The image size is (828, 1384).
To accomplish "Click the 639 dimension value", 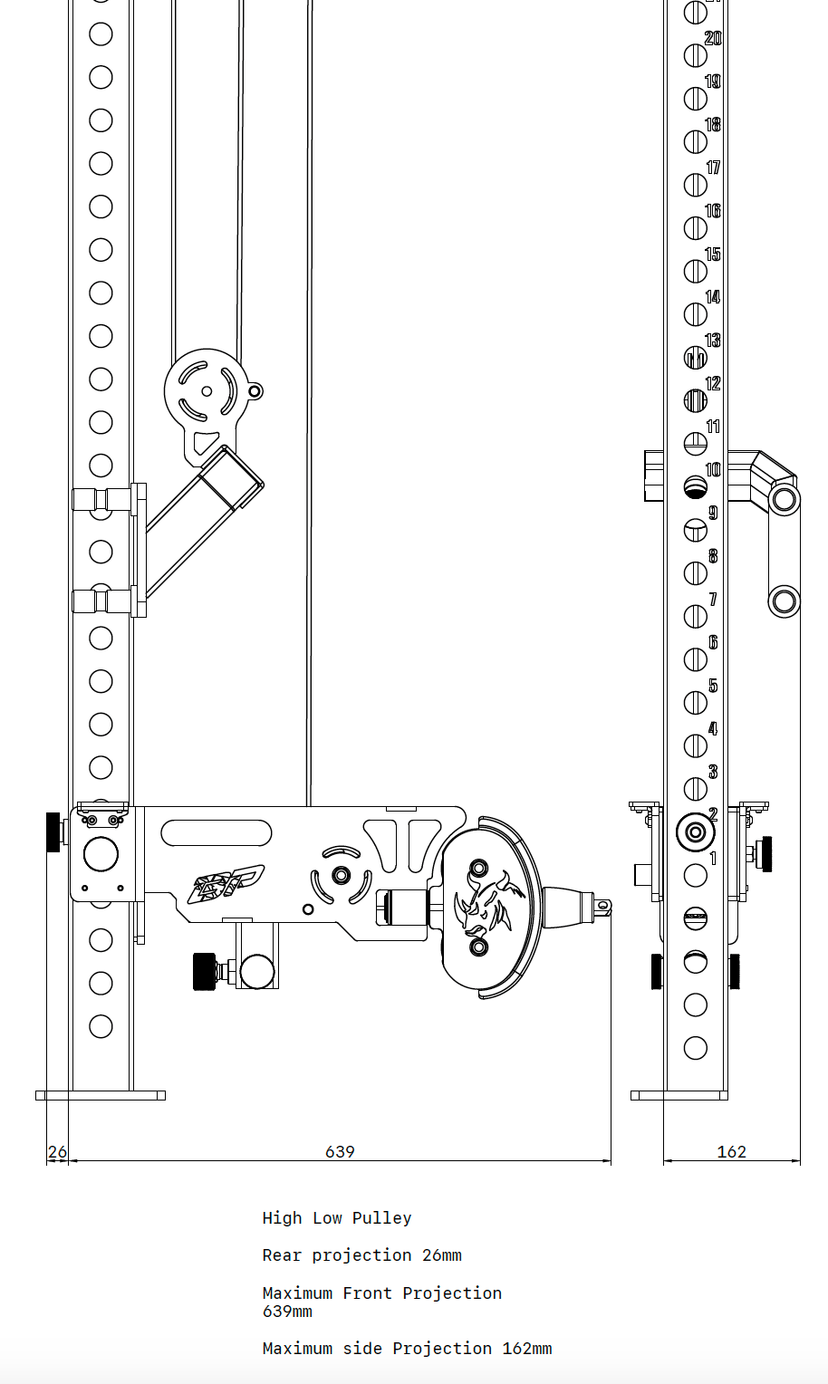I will click(340, 1151).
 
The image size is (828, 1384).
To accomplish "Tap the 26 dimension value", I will click(57, 1152).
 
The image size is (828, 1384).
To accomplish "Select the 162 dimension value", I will click(731, 1151).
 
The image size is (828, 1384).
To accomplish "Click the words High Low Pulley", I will click(337, 1218).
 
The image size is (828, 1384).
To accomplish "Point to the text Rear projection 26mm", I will click(361, 1255).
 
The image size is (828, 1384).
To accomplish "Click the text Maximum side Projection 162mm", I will click(407, 1349).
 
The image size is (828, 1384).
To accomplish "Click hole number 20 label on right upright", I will click(713, 38).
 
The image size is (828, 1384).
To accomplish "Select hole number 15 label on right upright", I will click(713, 254).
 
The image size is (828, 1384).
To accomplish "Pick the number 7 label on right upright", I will click(713, 599).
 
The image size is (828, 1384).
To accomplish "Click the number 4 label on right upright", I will click(713, 728).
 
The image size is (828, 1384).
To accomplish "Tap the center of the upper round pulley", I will click(207, 391).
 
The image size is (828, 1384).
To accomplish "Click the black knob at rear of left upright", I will click(53, 832).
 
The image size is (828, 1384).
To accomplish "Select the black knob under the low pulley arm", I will click(203, 972).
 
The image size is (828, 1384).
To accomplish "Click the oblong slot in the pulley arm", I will click(216, 832).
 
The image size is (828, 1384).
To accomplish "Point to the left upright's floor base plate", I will click(101, 1095).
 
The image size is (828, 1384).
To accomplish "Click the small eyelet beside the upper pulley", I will click(255, 391).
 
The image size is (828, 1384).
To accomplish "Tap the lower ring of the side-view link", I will click(784, 601).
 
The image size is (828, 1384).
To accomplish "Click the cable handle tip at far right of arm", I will click(602, 904).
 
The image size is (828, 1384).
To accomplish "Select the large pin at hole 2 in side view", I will click(695, 831).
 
